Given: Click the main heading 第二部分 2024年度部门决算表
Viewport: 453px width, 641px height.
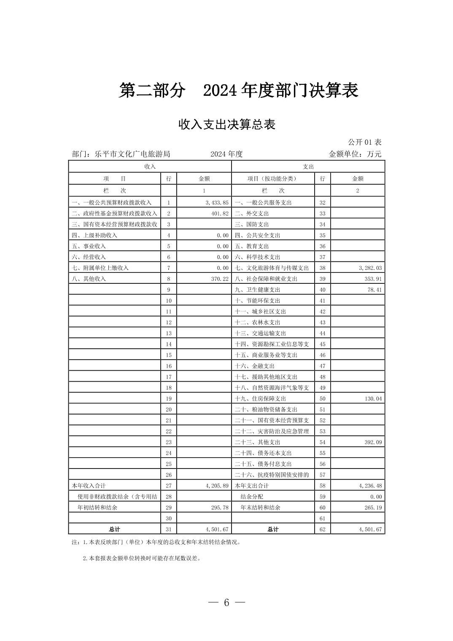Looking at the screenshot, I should [238, 91].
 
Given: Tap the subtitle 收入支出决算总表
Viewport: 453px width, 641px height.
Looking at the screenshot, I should [227, 125].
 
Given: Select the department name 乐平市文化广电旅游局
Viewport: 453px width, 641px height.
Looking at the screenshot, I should [132, 154].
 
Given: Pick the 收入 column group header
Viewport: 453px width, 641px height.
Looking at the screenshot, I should [150, 167].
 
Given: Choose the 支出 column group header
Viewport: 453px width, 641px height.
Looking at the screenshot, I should [308, 167].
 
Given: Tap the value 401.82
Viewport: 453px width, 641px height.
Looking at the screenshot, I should [219, 213].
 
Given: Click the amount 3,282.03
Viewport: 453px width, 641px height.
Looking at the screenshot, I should [370, 268].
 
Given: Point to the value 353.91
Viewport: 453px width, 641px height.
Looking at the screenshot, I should [373, 279].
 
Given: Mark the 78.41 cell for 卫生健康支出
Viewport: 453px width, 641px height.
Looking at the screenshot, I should [374, 290].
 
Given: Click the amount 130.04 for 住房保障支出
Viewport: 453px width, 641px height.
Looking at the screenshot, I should [373, 399].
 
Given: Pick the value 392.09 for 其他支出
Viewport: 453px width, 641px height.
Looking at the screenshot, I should [373, 442].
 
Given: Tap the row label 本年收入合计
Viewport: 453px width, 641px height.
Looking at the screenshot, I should [89, 486].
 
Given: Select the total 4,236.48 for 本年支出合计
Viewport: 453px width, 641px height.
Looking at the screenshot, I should [370, 486].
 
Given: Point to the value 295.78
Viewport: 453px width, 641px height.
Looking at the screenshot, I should [219, 508].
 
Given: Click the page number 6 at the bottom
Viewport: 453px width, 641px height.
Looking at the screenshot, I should [227, 603].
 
